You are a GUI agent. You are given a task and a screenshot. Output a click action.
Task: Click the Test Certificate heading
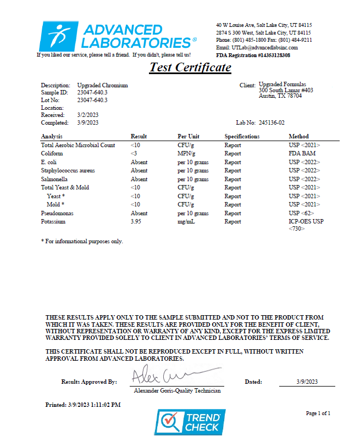190,68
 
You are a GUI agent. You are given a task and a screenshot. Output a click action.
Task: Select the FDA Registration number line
253,55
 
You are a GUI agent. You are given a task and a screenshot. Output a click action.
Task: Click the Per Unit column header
188,136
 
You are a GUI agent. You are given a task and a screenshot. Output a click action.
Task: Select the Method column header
298,136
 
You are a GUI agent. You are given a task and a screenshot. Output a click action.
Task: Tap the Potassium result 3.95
136,222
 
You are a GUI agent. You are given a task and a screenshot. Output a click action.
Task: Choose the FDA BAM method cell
301,154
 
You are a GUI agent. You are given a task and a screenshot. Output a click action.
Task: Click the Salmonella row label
53,179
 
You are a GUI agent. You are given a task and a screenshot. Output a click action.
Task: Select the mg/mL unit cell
186,222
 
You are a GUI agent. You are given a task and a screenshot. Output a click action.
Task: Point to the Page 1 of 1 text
318,413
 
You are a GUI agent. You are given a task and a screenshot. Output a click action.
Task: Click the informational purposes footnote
82,241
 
